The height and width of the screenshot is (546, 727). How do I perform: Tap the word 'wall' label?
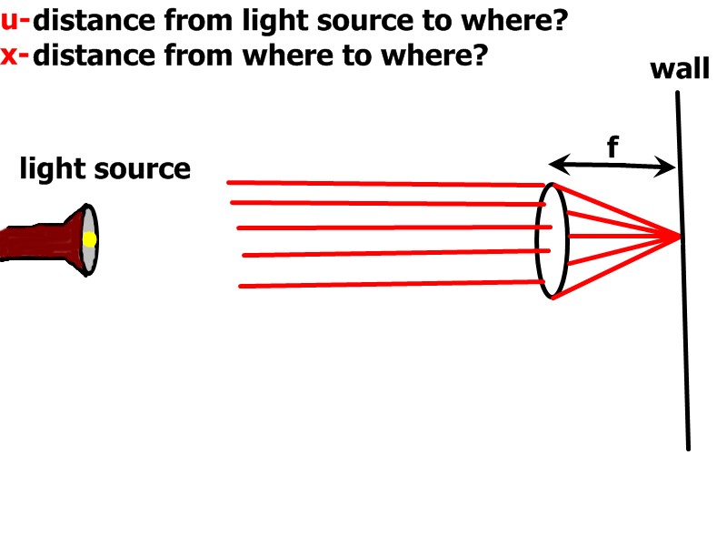pyautogui.click(x=679, y=69)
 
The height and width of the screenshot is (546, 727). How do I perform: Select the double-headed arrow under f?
pyautogui.click(x=612, y=166)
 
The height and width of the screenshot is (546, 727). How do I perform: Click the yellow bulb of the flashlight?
pyautogui.click(x=89, y=239)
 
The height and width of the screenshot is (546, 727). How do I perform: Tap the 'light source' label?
pyautogui.click(x=105, y=169)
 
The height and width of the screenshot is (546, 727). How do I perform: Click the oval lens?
pyautogui.click(x=553, y=241)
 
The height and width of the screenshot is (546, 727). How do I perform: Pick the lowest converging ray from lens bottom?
pyautogui.click(x=618, y=265)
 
